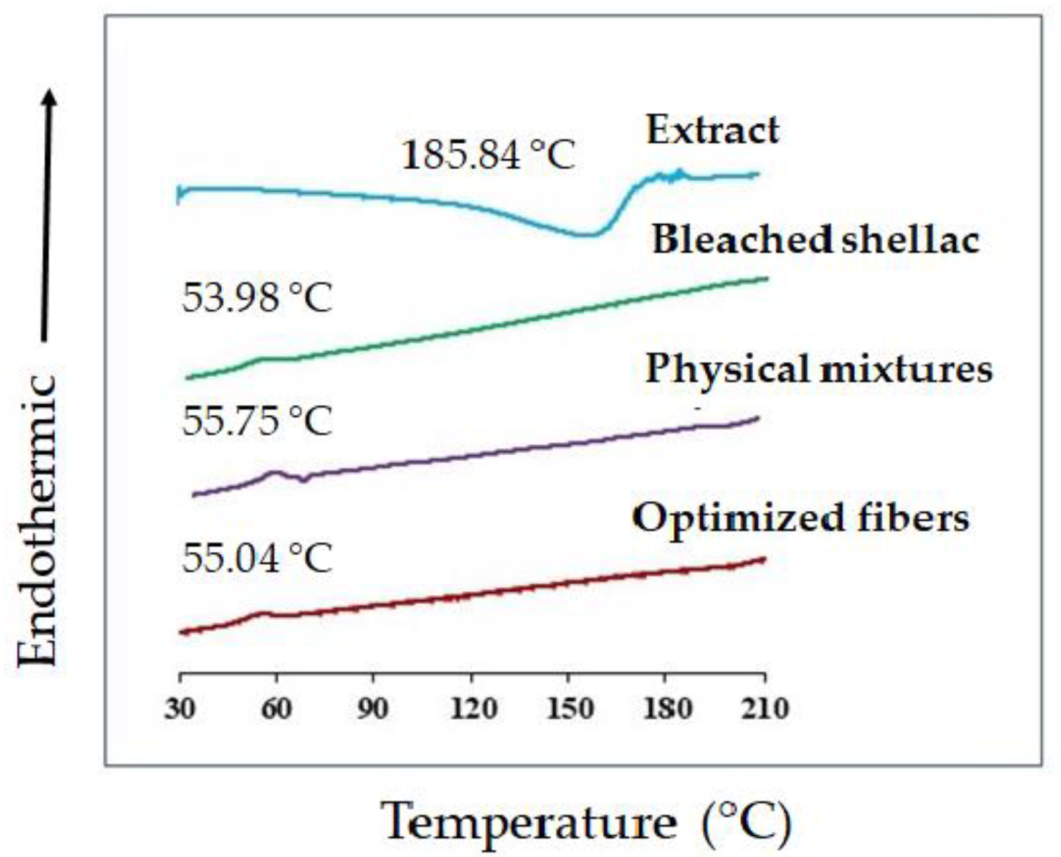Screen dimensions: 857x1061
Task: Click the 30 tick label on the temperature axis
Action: (179, 709)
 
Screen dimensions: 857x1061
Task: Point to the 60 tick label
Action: (276, 709)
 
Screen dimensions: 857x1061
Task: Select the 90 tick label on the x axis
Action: (373, 709)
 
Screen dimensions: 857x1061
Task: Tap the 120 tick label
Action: (473, 709)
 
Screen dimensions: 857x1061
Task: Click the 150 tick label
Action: (569, 709)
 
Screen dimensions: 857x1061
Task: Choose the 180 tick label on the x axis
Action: (667, 709)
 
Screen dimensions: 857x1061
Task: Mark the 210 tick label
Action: (764, 709)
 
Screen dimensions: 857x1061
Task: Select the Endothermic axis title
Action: (37, 520)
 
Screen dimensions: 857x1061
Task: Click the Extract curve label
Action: (712, 130)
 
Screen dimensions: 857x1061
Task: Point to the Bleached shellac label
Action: (815, 240)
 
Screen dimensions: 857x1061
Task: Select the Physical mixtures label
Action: (818, 369)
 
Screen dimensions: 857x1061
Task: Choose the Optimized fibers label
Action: (801, 518)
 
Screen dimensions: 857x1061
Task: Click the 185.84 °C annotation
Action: (488, 155)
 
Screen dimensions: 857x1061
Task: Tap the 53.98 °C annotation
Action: (257, 298)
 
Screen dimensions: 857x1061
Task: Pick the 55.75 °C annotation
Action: (257, 422)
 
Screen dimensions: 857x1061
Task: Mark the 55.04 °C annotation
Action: (257, 558)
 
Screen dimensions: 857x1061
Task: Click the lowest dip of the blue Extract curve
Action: (584, 235)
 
